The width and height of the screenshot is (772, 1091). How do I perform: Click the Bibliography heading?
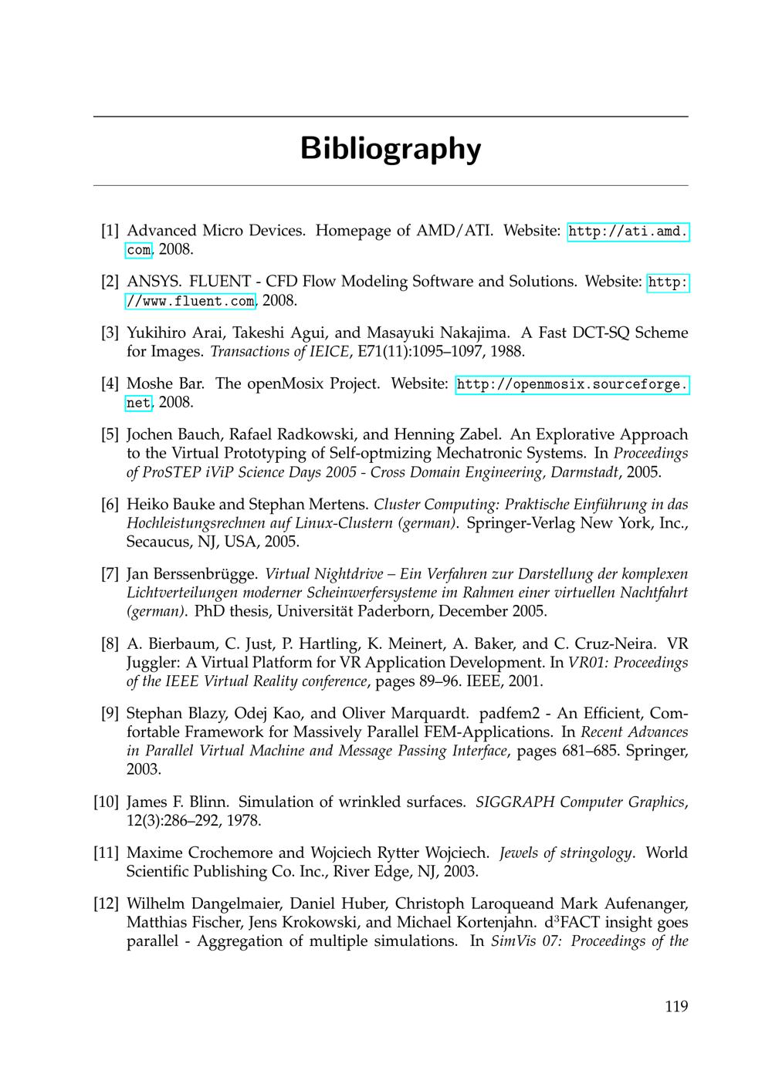click(x=390, y=148)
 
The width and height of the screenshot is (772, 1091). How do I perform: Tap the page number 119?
click(x=675, y=1006)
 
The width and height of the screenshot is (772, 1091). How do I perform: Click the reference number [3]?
click(x=110, y=333)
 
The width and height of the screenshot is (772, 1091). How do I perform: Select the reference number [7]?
click(x=110, y=574)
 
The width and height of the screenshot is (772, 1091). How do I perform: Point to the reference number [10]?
click(x=106, y=802)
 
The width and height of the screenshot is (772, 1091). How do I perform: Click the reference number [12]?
click(x=106, y=904)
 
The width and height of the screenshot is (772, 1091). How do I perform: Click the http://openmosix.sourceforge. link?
click(x=572, y=384)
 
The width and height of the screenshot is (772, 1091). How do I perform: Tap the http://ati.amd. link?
click(x=628, y=231)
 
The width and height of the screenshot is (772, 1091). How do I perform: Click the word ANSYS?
click(x=152, y=282)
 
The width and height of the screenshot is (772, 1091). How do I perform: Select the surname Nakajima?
click(x=473, y=333)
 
